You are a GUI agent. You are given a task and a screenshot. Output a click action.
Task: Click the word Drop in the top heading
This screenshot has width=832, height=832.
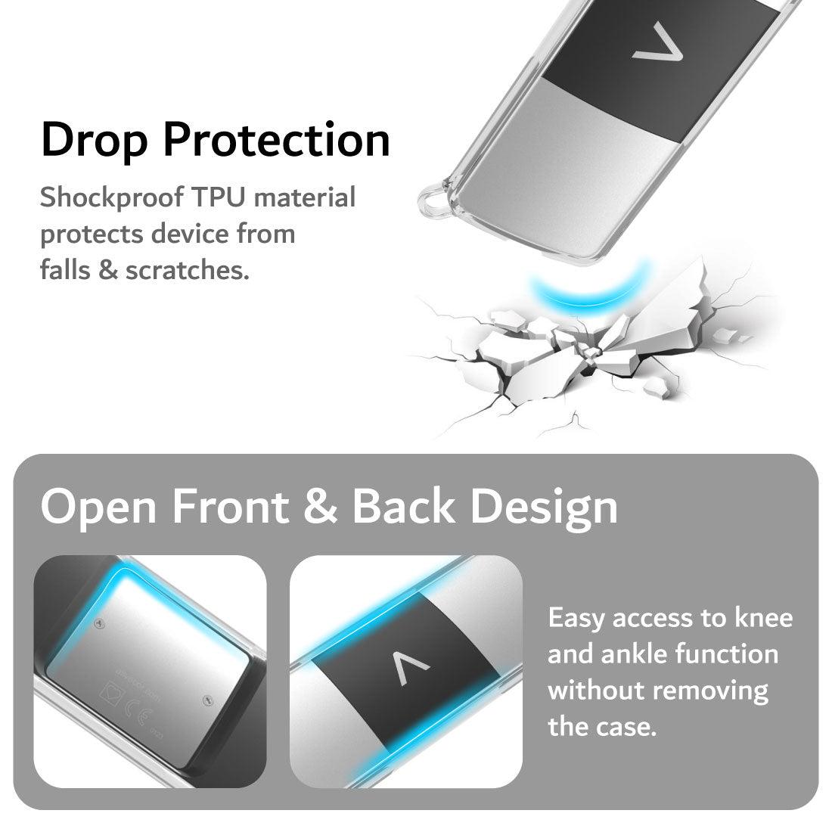pos(94,141)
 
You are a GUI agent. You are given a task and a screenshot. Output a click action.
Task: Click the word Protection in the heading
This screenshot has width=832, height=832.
pos(276,139)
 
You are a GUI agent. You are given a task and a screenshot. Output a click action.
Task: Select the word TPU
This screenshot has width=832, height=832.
pos(218,197)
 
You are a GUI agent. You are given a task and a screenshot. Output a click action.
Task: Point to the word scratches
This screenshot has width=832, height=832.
pos(187,270)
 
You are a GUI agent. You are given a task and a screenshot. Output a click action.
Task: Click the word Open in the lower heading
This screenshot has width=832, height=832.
pos(98,508)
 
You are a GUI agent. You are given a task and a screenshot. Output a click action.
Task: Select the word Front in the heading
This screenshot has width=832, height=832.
pos(230,506)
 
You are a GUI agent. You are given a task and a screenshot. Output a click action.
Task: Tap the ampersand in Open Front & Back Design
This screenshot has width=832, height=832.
pos(320,506)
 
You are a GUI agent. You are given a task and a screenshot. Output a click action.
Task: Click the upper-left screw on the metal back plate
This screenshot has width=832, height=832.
pos(98,623)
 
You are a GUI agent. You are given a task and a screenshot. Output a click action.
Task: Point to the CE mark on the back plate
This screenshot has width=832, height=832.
pos(137,711)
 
